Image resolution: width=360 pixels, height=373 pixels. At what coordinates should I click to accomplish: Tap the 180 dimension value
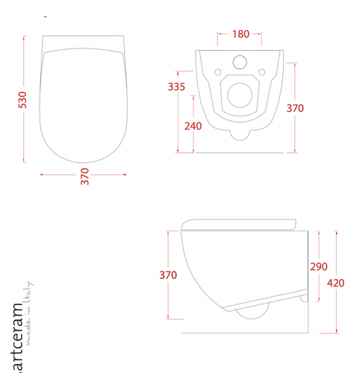pos(240,34)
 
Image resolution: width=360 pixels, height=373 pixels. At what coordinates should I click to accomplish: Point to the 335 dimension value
pos(177,88)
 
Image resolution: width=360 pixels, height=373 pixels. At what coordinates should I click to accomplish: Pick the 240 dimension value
pos(193,125)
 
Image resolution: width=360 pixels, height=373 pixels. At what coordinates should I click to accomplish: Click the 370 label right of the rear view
pos(296,107)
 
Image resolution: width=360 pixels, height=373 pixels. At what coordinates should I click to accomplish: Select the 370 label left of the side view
pos(168,275)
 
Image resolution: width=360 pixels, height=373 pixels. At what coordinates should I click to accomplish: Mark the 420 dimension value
pos(336,283)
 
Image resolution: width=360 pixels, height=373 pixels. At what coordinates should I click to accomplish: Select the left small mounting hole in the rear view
pos(217,72)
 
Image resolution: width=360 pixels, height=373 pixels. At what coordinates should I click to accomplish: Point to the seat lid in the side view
pos(239,223)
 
